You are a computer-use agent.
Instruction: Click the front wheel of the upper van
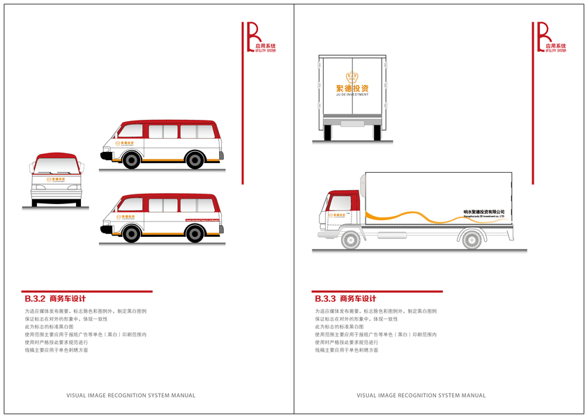131,160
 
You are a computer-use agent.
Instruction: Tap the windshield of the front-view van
56,167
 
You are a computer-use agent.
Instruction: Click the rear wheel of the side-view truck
472,240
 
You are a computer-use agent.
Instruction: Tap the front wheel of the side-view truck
351,240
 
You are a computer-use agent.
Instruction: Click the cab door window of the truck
339,203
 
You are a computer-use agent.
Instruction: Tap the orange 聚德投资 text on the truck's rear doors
352,88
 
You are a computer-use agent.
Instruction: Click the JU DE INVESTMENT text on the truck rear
352,95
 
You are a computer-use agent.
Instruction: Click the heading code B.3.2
35,299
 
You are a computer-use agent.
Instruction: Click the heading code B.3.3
326,299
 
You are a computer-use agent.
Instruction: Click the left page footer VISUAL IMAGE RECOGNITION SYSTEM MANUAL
130,396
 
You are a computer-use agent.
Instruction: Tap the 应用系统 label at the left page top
265,45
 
